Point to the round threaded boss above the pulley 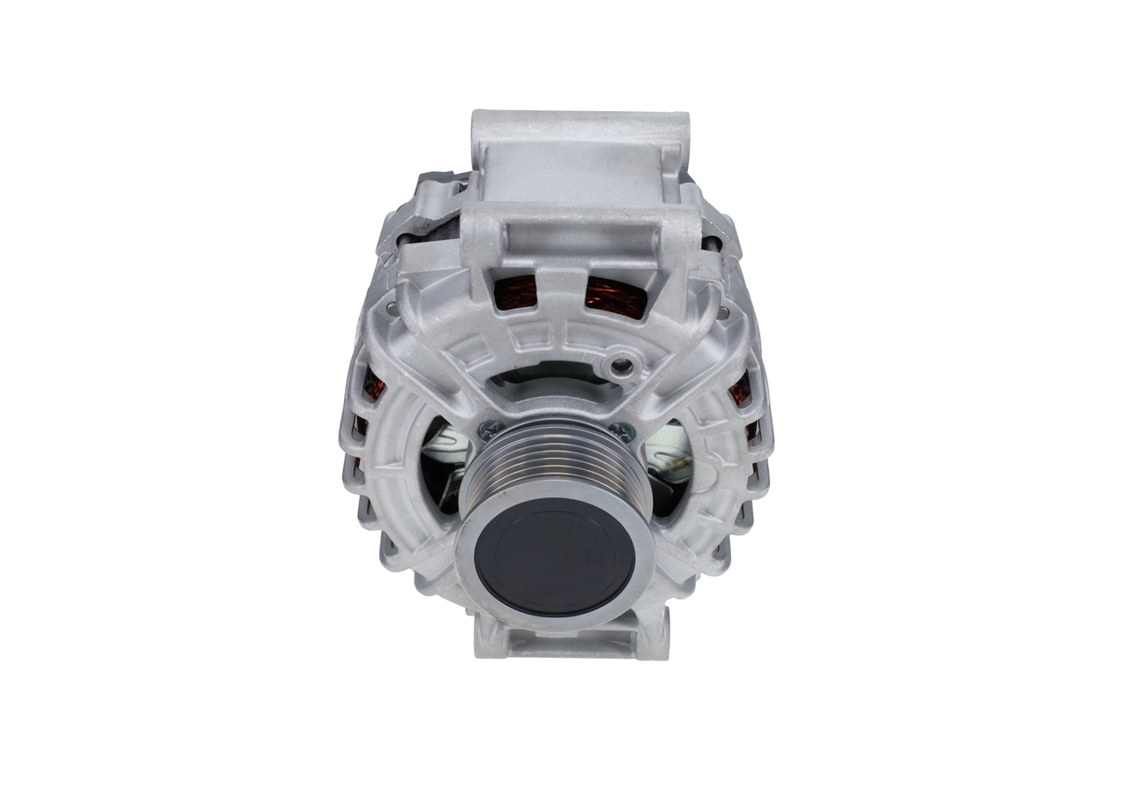pos(624,362)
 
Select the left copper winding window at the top pos(516,292)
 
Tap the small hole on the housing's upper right pos(723,312)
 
